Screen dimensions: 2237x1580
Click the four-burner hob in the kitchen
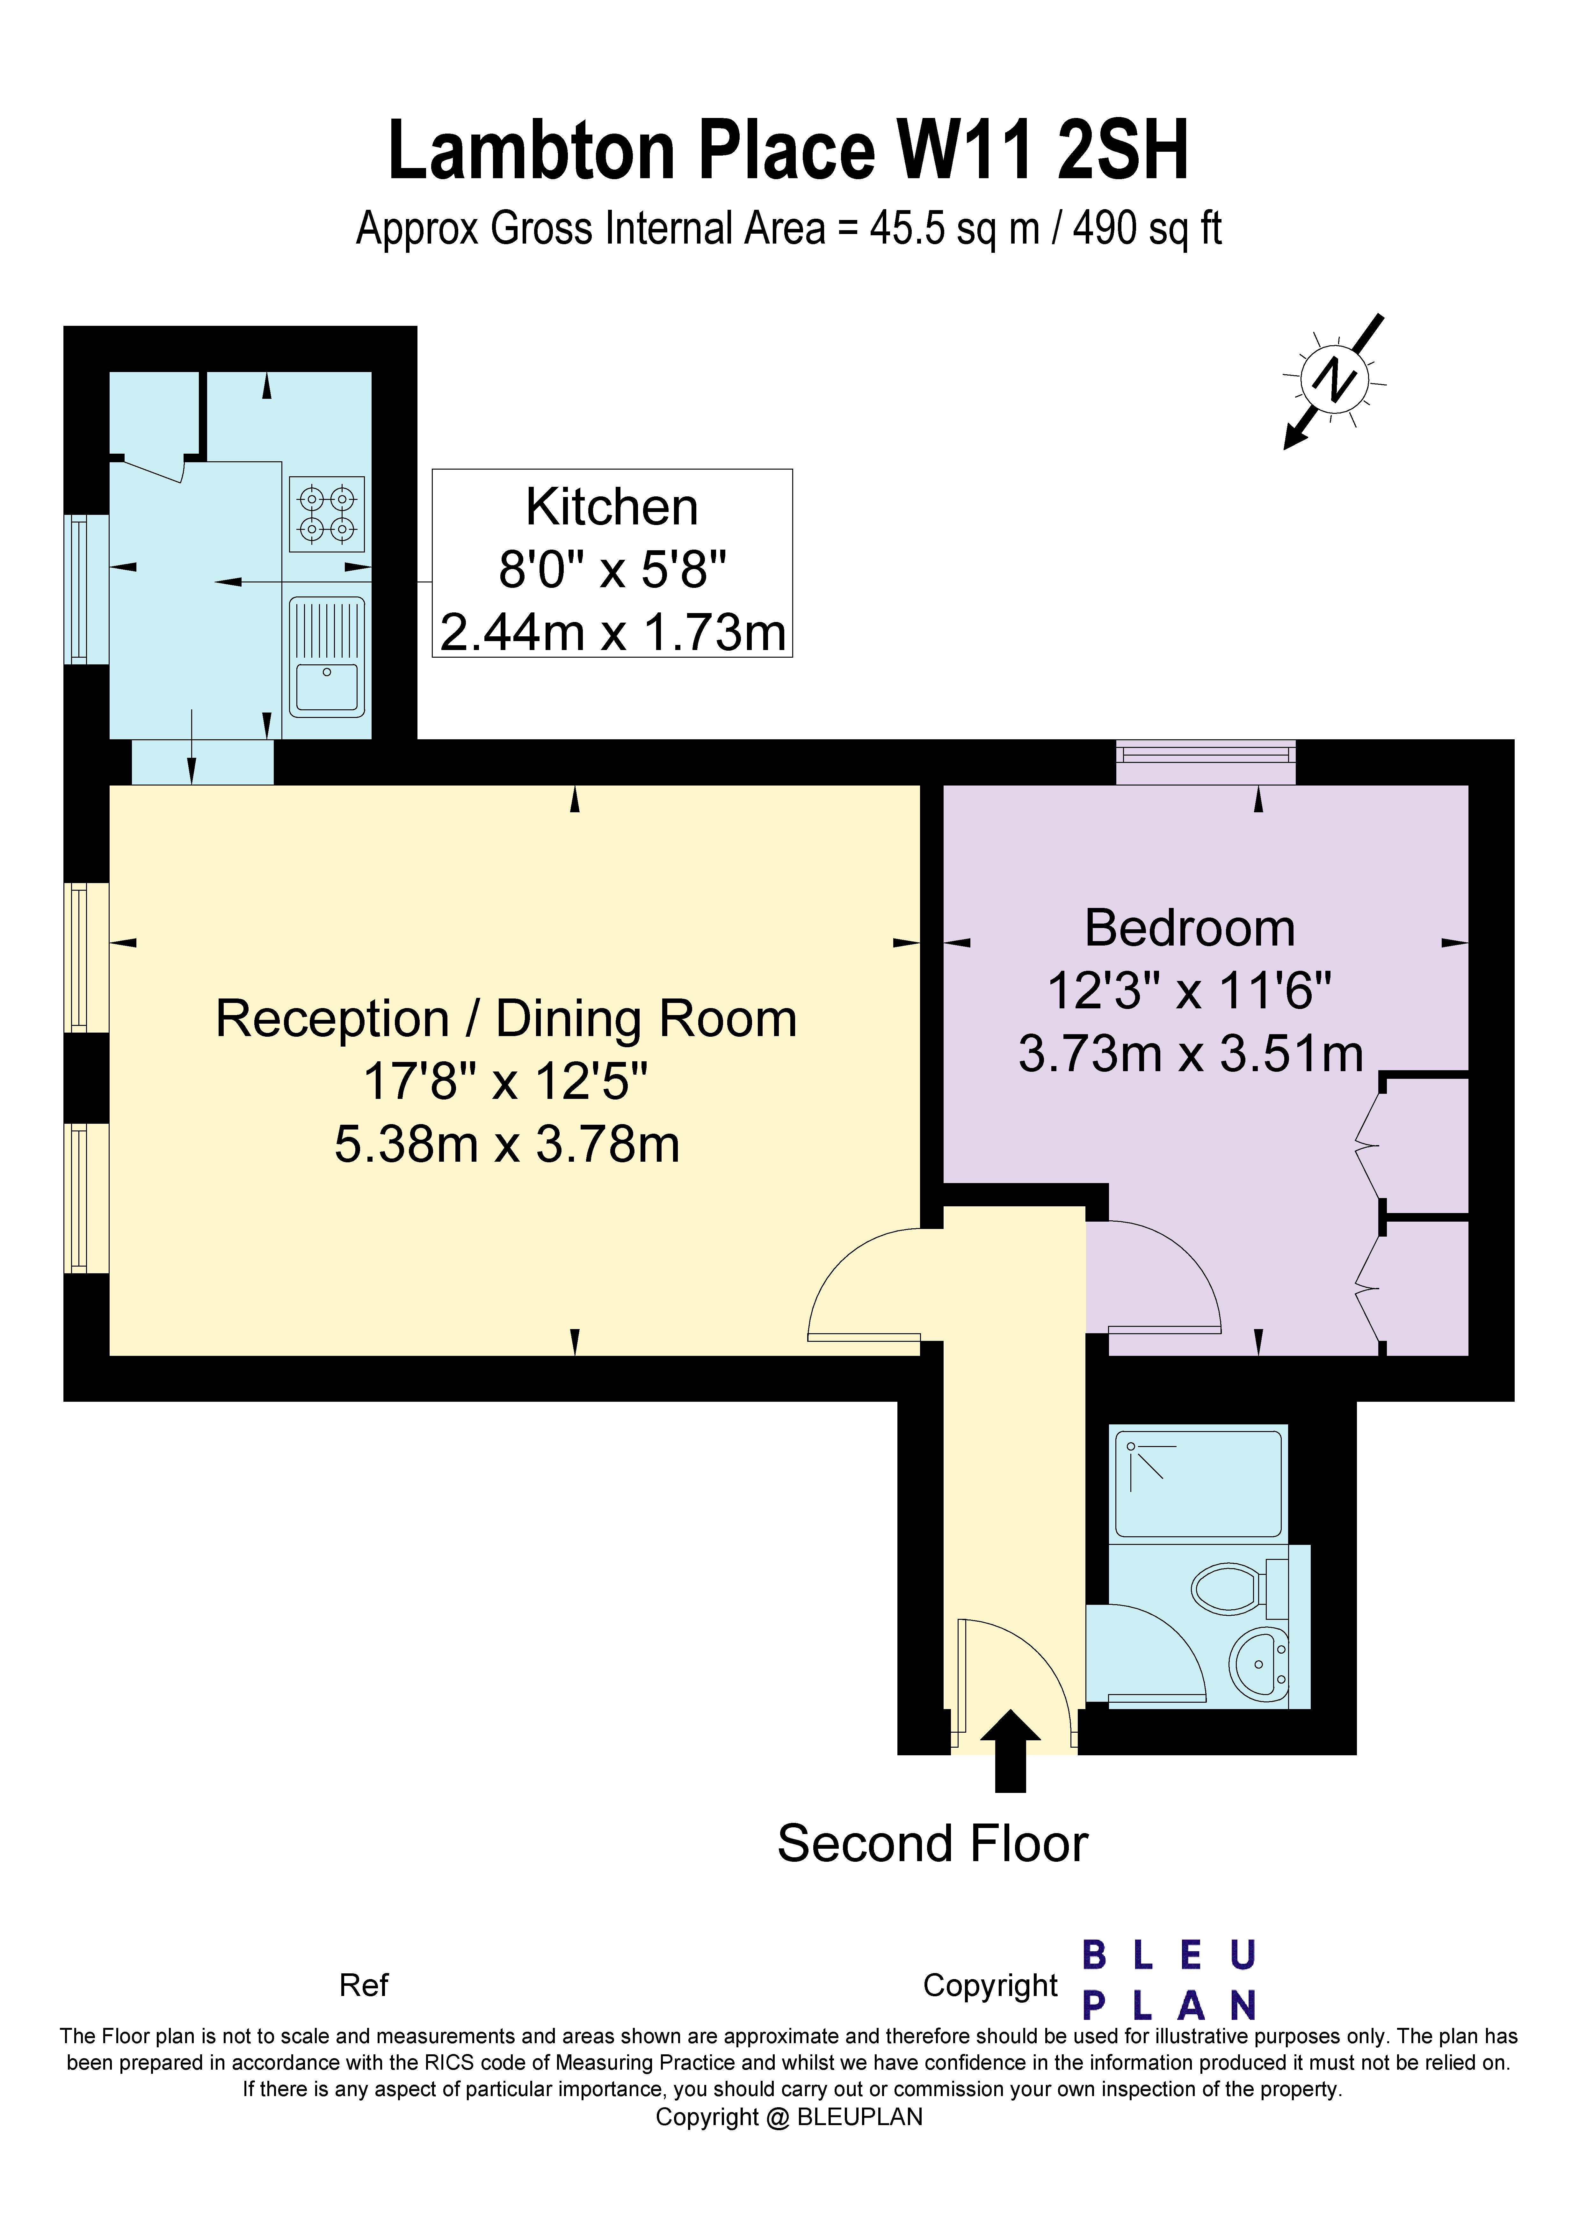326,514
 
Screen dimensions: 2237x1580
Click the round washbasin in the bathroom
1258,1664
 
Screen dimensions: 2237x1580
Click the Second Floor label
932,1843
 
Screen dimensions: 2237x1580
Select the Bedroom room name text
1189,927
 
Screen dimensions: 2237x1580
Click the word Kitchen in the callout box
612,507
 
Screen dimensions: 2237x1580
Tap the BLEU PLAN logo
1169,1980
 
